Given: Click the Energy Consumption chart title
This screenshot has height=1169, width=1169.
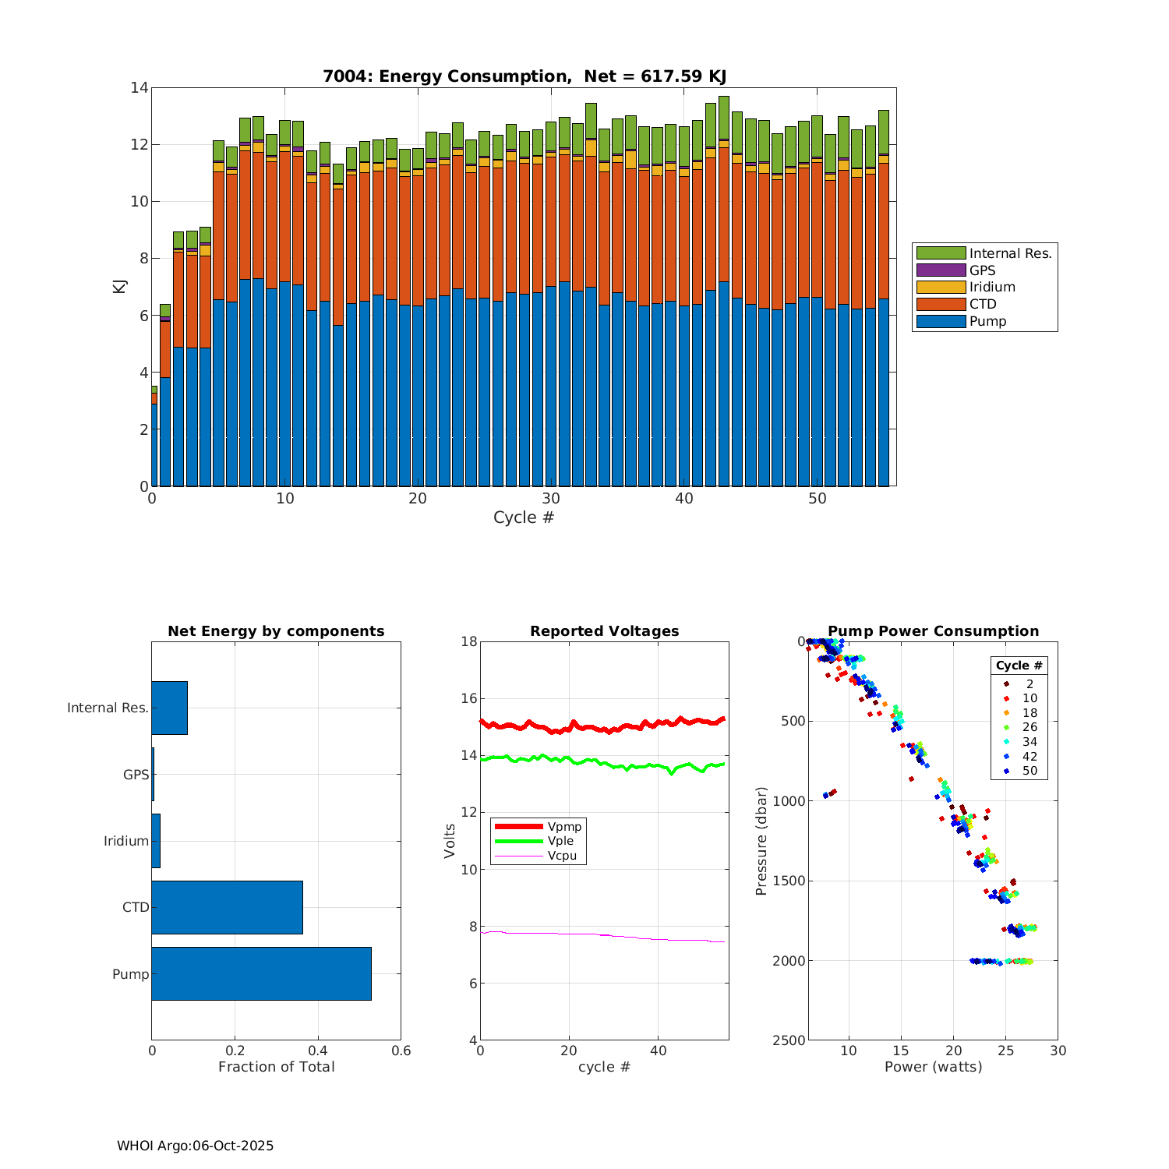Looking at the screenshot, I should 524,76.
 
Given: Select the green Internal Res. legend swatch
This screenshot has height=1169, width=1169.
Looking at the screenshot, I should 941,253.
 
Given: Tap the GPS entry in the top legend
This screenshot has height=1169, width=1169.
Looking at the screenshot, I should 982,270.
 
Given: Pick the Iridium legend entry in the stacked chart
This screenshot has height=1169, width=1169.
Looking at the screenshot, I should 991,288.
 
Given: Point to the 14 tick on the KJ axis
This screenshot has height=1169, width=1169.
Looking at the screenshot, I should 140,88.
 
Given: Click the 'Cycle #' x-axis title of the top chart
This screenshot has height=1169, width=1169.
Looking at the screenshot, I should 524,517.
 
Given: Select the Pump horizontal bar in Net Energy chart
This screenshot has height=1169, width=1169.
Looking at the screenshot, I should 261,973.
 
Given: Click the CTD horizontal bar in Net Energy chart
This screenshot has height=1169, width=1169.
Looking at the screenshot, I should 227,907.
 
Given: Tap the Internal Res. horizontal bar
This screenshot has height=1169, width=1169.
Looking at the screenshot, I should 169,708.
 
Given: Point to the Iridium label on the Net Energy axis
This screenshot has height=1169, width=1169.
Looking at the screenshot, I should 126,841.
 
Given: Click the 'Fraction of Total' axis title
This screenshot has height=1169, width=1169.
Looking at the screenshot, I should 276,1067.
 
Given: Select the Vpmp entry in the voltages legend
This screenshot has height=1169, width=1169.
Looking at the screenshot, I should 564,826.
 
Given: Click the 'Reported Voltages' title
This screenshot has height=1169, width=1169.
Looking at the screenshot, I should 604,631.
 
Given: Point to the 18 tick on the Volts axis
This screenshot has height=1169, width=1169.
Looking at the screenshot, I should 468,641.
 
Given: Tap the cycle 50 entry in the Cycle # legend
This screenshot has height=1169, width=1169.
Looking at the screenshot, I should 1029,771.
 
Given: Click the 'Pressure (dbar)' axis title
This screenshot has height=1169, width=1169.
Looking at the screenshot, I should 761,841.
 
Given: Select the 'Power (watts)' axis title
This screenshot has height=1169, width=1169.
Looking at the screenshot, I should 933,1067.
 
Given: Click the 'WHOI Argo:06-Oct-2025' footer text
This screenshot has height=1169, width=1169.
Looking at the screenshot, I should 195,1146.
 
